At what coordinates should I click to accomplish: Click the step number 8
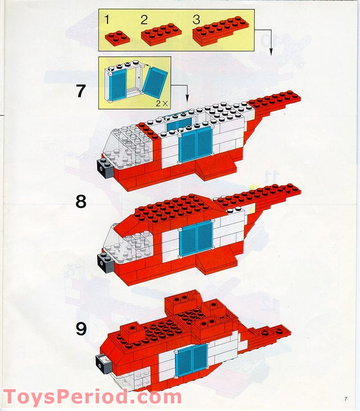tap(81, 201)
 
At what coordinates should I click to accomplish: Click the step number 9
tap(81, 329)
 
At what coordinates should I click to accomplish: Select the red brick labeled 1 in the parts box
tap(117, 37)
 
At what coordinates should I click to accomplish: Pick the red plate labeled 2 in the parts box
tap(161, 35)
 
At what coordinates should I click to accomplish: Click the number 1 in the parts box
tap(107, 19)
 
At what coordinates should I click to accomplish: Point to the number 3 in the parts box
tap(196, 19)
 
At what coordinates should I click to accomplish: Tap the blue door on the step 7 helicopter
tap(196, 144)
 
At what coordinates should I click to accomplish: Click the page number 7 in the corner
tap(346, 398)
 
